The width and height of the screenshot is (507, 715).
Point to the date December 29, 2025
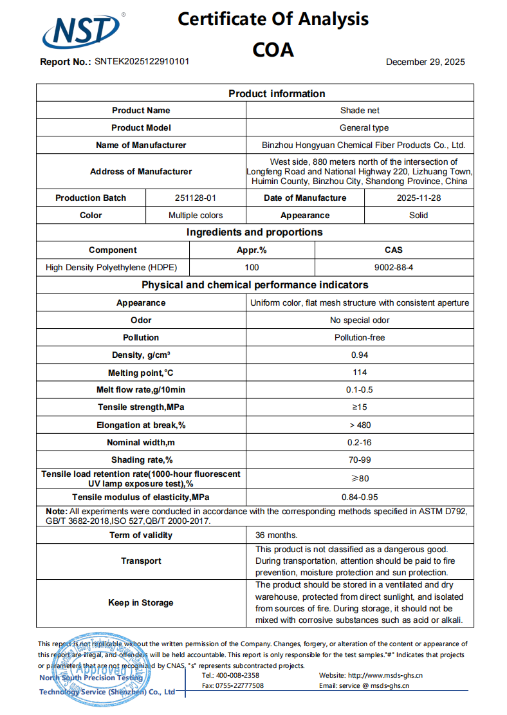point(425,62)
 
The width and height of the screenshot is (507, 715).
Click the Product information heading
point(277,94)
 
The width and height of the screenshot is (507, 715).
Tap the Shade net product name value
point(360,111)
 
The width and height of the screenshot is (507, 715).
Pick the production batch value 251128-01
point(196,198)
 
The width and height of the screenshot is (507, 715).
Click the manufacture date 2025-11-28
point(419,198)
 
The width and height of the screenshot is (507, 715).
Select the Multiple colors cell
point(196,216)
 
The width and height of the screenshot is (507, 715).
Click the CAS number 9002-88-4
point(392,267)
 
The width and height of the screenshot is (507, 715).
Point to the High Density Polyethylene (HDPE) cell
point(111,267)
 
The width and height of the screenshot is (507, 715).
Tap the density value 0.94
point(359,355)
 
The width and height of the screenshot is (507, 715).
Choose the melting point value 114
point(360,373)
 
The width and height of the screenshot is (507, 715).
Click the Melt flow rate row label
point(141,390)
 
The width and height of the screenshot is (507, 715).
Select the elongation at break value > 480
point(360,425)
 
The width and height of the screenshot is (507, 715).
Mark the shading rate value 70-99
point(360,460)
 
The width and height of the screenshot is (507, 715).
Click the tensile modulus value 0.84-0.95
point(360,497)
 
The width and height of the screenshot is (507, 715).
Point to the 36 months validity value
point(277,535)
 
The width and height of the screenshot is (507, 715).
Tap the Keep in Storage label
point(141,603)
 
